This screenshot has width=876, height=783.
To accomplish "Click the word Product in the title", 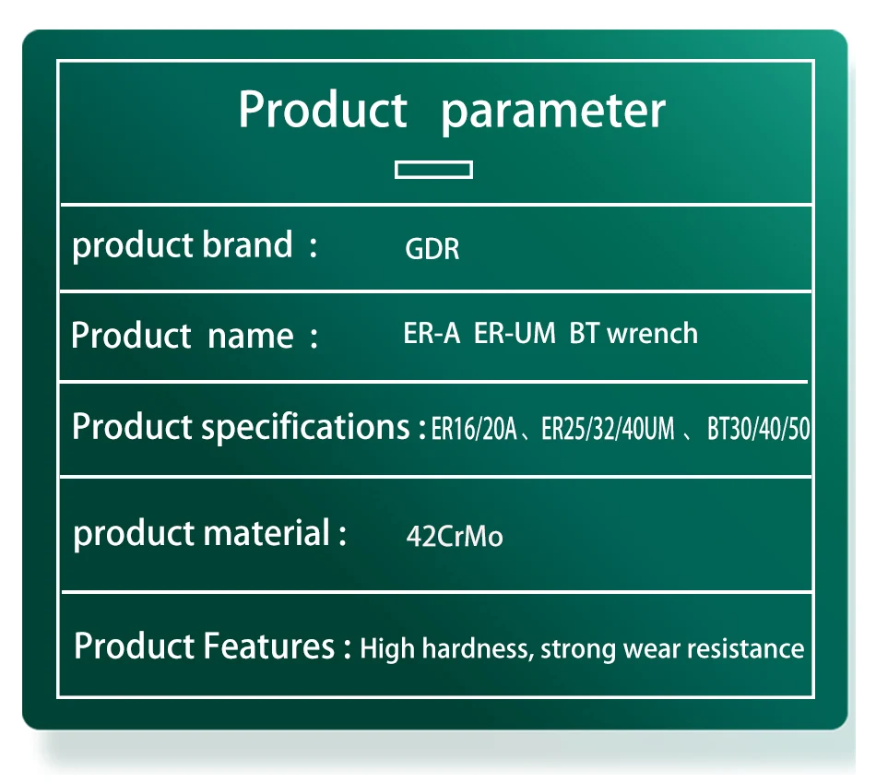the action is pyautogui.click(x=323, y=109).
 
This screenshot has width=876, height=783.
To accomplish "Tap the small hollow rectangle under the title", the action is pyautogui.click(x=433, y=170).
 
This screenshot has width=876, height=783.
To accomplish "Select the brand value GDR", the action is pyautogui.click(x=432, y=249).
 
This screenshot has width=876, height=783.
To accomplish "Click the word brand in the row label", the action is pyautogui.click(x=247, y=244).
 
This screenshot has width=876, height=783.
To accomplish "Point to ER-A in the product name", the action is pyautogui.click(x=432, y=333).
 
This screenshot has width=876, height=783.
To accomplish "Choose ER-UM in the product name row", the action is pyautogui.click(x=515, y=333).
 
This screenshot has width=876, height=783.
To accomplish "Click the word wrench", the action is pyautogui.click(x=652, y=333).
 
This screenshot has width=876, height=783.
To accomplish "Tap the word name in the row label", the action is pyautogui.click(x=250, y=337).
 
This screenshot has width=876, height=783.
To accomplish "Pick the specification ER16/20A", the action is pyautogui.click(x=474, y=429).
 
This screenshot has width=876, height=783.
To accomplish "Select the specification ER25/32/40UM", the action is pyautogui.click(x=608, y=429).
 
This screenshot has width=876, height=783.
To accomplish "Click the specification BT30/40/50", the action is pyautogui.click(x=758, y=429).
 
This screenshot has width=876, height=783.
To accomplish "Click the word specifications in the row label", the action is pyautogui.click(x=305, y=428).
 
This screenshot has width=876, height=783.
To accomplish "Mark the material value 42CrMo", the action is pyautogui.click(x=455, y=536).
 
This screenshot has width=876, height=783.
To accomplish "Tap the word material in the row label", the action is pyautogui.click(x=266, y=532).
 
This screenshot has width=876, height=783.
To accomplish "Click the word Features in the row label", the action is pyautogui.click(x=268, y=647).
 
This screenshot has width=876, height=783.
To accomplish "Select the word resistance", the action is pyautogui.click(x=745, y=649).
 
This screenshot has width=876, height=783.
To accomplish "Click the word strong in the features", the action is pyautogui.click(x=577, y=650).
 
